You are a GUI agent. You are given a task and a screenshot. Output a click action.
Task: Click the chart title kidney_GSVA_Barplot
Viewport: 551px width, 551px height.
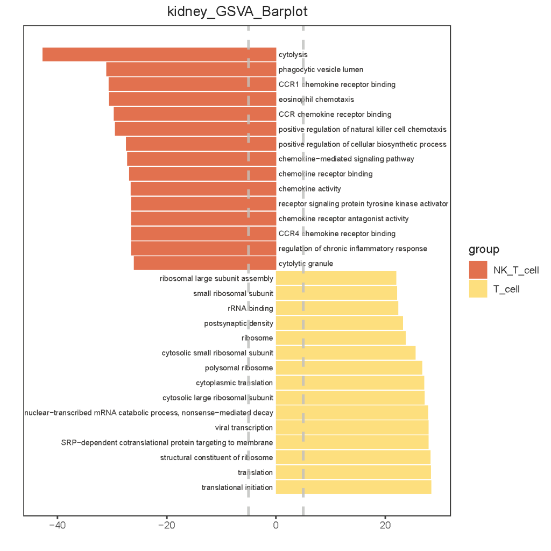237,12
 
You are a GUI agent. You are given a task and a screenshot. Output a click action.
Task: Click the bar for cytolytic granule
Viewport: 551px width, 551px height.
204,263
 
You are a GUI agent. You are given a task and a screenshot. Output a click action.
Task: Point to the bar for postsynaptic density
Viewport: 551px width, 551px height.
339,323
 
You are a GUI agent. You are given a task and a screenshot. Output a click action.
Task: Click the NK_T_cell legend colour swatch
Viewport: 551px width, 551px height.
478,270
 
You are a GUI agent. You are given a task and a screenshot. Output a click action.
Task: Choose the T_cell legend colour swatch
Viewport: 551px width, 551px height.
478,288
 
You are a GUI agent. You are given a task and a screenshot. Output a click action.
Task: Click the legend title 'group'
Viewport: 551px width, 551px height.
484,249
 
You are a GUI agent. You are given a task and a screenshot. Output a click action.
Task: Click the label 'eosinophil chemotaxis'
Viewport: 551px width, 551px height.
316,100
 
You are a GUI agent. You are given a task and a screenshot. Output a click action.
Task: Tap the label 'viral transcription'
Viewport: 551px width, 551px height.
244,428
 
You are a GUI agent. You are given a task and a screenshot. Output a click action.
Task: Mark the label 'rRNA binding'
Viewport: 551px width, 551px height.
251,308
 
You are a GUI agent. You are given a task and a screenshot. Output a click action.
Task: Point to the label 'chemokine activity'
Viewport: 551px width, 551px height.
309,189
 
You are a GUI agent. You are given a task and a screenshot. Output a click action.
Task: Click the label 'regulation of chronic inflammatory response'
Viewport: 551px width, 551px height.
352,249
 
